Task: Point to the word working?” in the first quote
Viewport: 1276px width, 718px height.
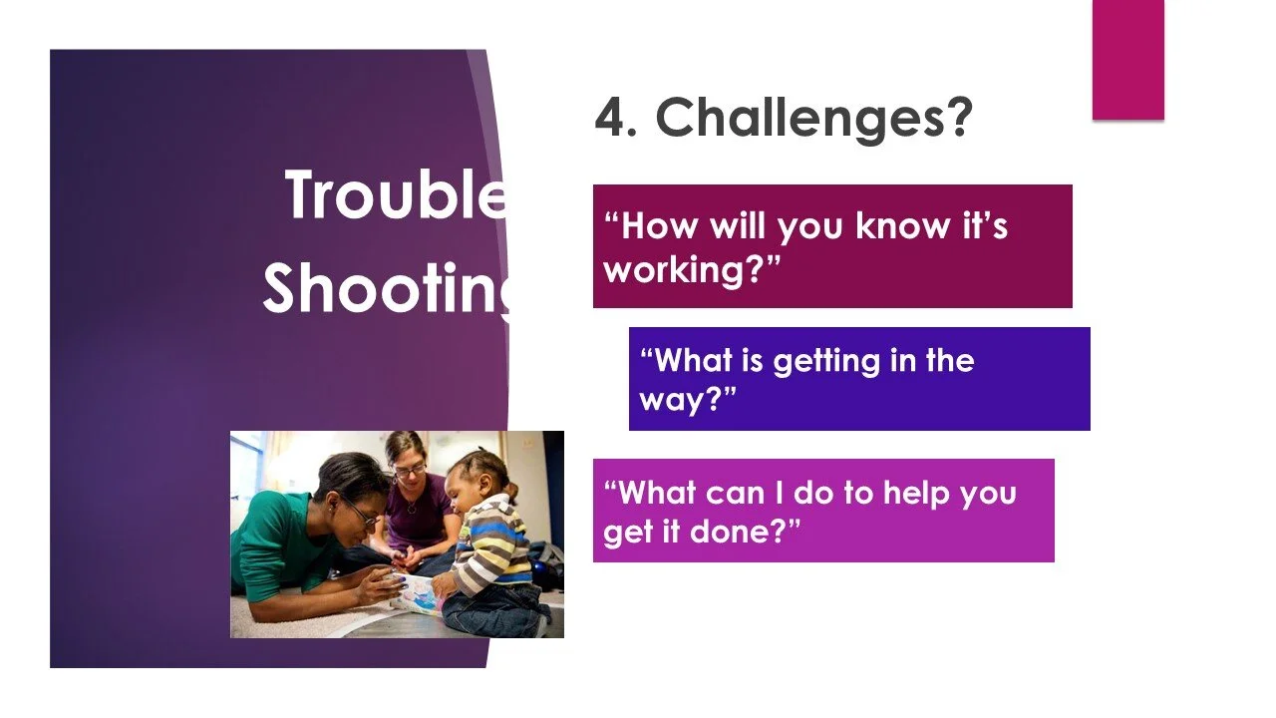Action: pyautogui.click(x=692, y=269)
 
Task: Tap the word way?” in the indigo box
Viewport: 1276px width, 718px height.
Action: pyautogui.click(x=688, y=399)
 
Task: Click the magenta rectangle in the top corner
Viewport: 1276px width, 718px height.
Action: pyautogui.click(x=1127, y=60)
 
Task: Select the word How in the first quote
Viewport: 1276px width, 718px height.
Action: pyautogui.click(x=659, y=225)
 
